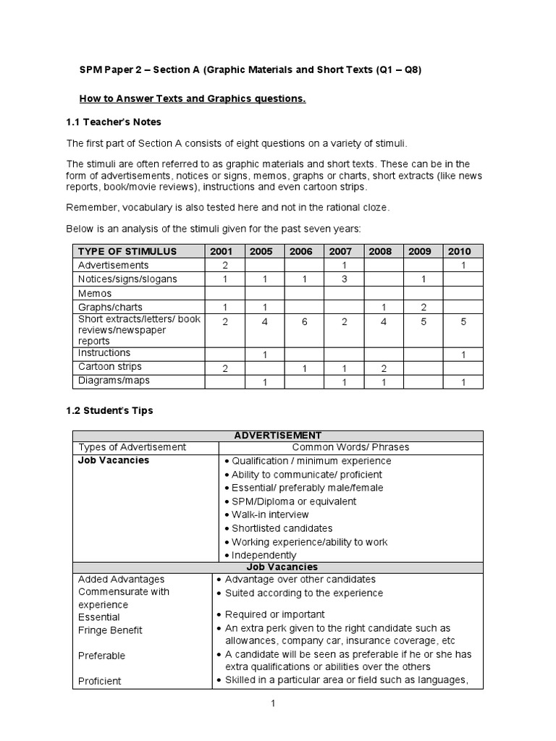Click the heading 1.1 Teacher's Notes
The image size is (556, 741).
(x=114, y=122)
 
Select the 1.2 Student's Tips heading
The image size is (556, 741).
(x=109, y=410)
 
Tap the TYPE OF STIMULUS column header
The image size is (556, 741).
(x=127, y=251)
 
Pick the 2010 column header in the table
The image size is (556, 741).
(x=459, y=251)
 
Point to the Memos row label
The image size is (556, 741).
(x=95, y=293)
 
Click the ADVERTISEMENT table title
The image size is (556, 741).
(x=278, y=435)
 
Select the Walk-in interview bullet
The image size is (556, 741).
(x=270, y=515)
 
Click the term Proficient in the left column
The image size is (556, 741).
(x=100, y=681)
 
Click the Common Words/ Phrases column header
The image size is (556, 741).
(x=350, y=447)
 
